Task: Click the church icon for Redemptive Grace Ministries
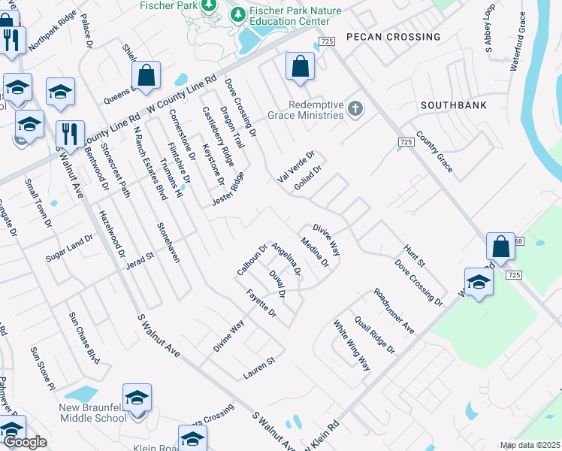tap(356, 110)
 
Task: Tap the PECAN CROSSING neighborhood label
tap(393, 37)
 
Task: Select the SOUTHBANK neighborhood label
tap(454, 106)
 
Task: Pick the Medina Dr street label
tap(315, 253)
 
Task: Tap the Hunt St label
tap(415, 256)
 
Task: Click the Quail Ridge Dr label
tap(375, 334)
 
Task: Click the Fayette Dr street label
tap(261, 304)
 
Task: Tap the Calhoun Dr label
tap(252, 259)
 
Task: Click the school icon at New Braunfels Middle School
tap(137, 399)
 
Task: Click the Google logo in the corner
tap(25, 443)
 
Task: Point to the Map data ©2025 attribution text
tap(530, 445)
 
